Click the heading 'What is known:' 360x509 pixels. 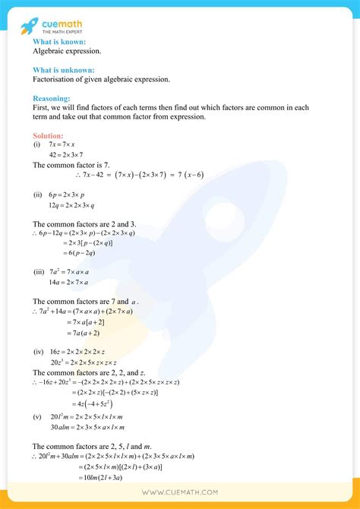tap(59, 42)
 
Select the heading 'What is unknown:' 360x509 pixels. tap(64, 70)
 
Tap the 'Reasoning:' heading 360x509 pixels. tap(52, 98)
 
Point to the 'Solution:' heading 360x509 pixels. tap(48, 135)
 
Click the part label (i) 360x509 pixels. tap(36, 144)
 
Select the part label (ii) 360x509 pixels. tap(37, 194)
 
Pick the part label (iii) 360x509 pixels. tap(39, 271)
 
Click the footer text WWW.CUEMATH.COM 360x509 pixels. tap(180, 493)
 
